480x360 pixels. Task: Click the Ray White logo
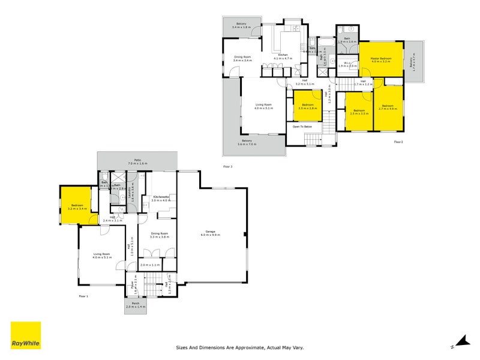(26, 335)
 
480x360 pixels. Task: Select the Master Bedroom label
(380, 59)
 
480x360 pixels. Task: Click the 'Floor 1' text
(83, 296)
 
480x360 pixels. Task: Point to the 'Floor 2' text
(398, 142)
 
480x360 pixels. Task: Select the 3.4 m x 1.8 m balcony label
(241, 26)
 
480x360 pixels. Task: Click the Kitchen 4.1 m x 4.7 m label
(282, 56)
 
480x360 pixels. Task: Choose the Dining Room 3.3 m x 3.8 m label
(160, 235)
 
